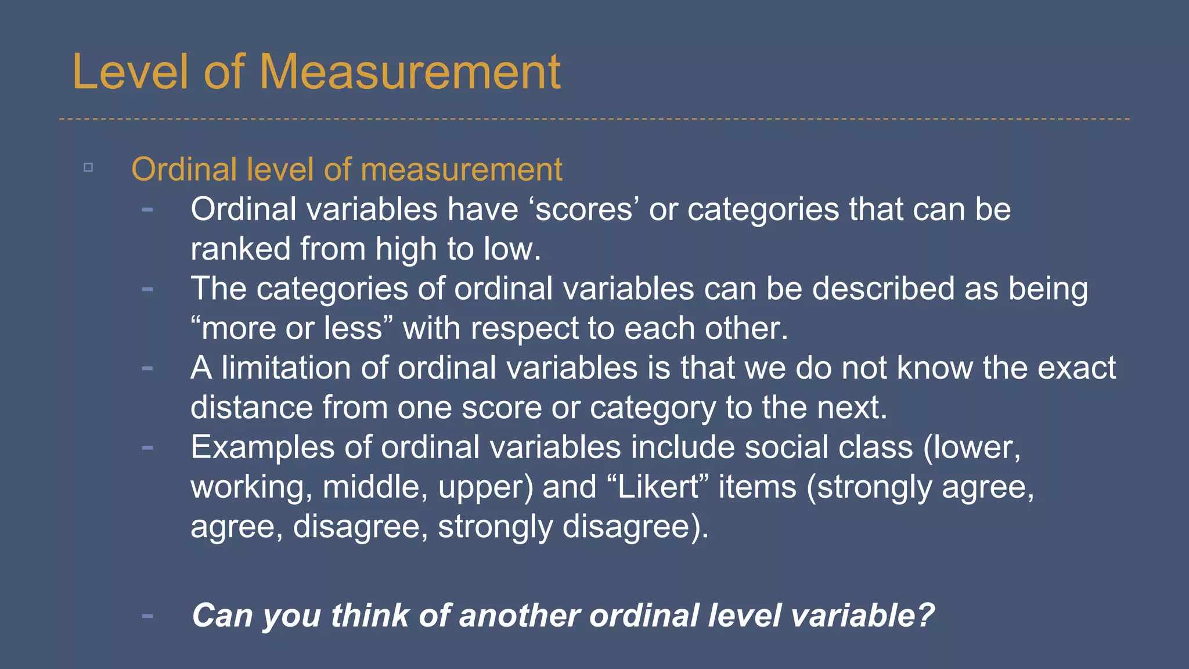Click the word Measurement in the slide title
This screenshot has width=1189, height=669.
(x=410, y=72)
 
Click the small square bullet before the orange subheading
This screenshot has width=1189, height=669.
(x=88, y=168)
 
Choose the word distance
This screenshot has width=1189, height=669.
(x=251, y=407)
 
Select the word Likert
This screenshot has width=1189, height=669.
(x=658, y=487)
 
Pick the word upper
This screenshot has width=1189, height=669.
(x=483, y=488)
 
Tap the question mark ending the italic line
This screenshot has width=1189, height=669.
(x=925, y=616)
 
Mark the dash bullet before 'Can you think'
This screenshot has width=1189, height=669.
(x=147, y=616)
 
